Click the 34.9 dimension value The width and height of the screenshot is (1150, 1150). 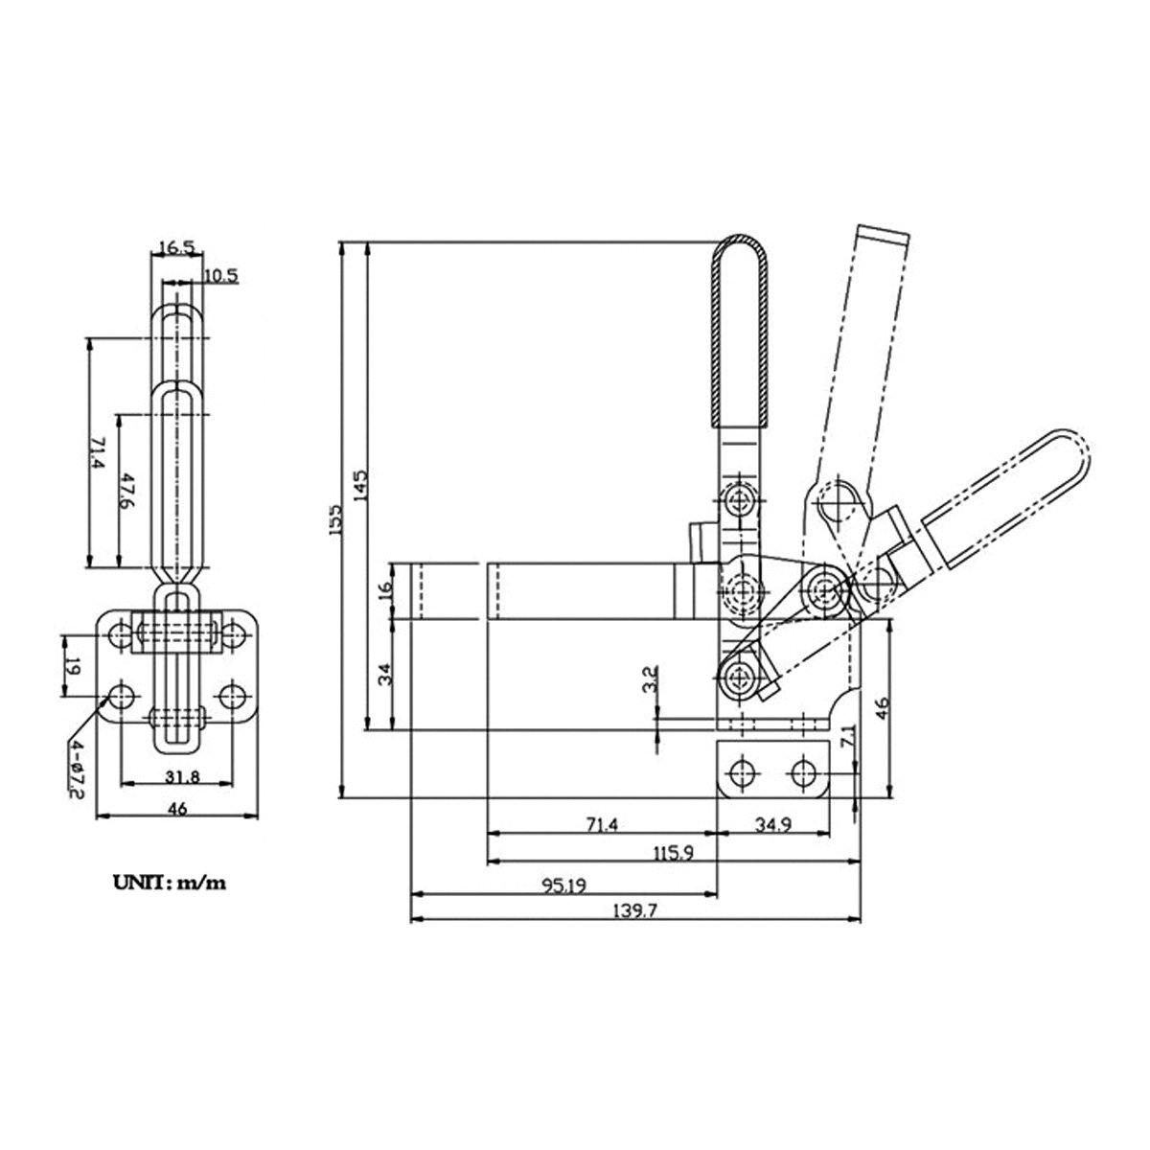[771, 823]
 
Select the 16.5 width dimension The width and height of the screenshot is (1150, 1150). [176, 247]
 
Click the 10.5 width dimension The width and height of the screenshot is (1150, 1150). [220, 276]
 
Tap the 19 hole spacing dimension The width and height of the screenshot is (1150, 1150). [70, 663]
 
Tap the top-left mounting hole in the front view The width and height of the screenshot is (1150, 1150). [121, 634]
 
